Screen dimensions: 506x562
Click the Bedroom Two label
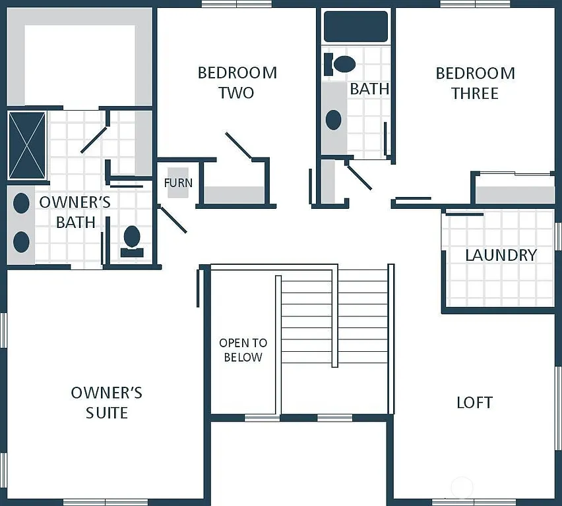[x=237, y=82]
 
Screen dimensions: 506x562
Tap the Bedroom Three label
[x=475, y=83]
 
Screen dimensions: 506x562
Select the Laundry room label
[x=501, y=255]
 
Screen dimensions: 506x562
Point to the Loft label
[x=474, y=403]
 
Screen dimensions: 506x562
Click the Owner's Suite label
[x=106, y=403]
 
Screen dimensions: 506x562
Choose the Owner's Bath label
[x=75, y=211]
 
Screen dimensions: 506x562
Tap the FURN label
[x=178, y=183]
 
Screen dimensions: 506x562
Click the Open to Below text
[x=243, y=350]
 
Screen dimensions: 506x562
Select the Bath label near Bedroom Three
[x=369, y=88]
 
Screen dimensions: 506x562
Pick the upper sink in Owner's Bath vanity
[x=22, y=202]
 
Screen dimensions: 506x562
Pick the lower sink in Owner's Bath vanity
[x=22, y=241]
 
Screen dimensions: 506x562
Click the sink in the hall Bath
[x=334, y=119]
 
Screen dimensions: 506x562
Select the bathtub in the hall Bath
[x=356, y=26]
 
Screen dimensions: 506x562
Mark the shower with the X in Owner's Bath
[x=27, y=145]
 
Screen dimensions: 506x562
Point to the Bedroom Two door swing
[x=239, y=146]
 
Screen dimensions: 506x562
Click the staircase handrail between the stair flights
[x=335, y=316]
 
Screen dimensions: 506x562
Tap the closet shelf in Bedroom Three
[x=515, y=195]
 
